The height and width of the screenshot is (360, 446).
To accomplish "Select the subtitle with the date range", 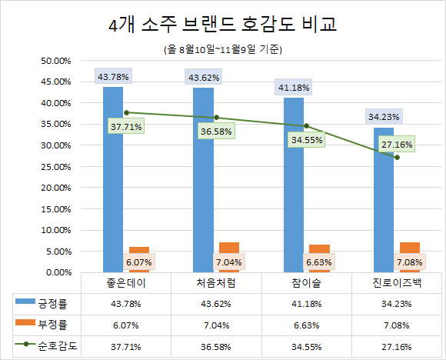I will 223,50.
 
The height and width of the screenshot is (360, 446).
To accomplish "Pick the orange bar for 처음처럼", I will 229,257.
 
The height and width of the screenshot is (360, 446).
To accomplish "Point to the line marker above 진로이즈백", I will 396,157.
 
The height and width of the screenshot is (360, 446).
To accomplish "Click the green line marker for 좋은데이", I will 126,112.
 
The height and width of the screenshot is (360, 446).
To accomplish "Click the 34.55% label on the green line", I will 305,140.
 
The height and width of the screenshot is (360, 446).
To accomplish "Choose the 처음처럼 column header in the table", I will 216,282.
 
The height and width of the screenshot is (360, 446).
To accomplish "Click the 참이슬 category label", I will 306,282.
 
